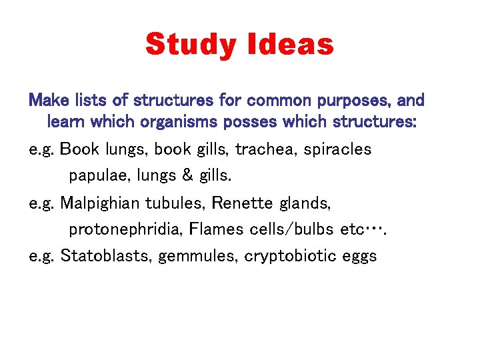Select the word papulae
pos(97,176)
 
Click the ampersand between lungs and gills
pos(187,176)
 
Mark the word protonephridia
pos(125,230)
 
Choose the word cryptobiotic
pos(291,257)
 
